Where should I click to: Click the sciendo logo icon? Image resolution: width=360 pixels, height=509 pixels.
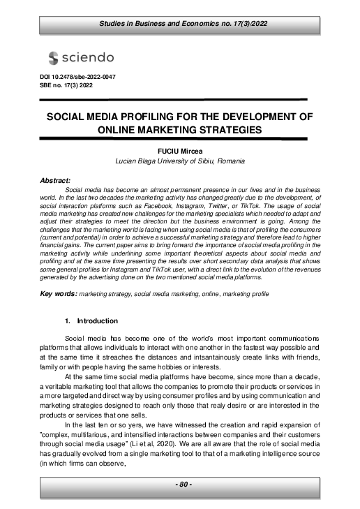point(54,57)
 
